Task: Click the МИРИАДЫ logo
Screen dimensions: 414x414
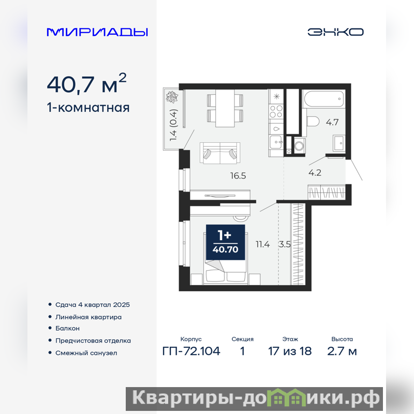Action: [97, 32]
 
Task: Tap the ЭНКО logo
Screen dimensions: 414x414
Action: [335, 32]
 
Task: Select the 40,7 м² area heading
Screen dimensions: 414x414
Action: [86, 84]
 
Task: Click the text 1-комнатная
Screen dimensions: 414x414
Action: [88, 108]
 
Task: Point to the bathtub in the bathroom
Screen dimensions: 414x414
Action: [324, 99]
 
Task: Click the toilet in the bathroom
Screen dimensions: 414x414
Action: [314, 122]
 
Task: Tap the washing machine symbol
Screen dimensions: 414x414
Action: [300, 145]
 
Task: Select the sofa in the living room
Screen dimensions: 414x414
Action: [220, 153]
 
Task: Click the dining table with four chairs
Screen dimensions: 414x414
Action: [225, 108]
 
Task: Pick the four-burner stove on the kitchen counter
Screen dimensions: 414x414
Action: [276, 111]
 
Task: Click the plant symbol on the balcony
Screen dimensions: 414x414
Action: [172, 97]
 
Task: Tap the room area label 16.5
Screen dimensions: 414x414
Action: [238, 175]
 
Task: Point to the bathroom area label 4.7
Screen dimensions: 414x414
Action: [332, 122]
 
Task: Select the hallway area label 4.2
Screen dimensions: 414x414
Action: [315, 173]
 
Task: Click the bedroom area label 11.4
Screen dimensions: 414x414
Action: [263, 244]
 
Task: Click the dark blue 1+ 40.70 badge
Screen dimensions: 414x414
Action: [226, 242]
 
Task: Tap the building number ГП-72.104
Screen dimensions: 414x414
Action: [191, 351]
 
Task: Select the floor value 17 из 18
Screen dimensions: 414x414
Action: [290, 351]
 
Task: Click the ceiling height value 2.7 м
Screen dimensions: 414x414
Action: [342, 351]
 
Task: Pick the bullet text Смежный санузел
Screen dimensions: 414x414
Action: [86, 353]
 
